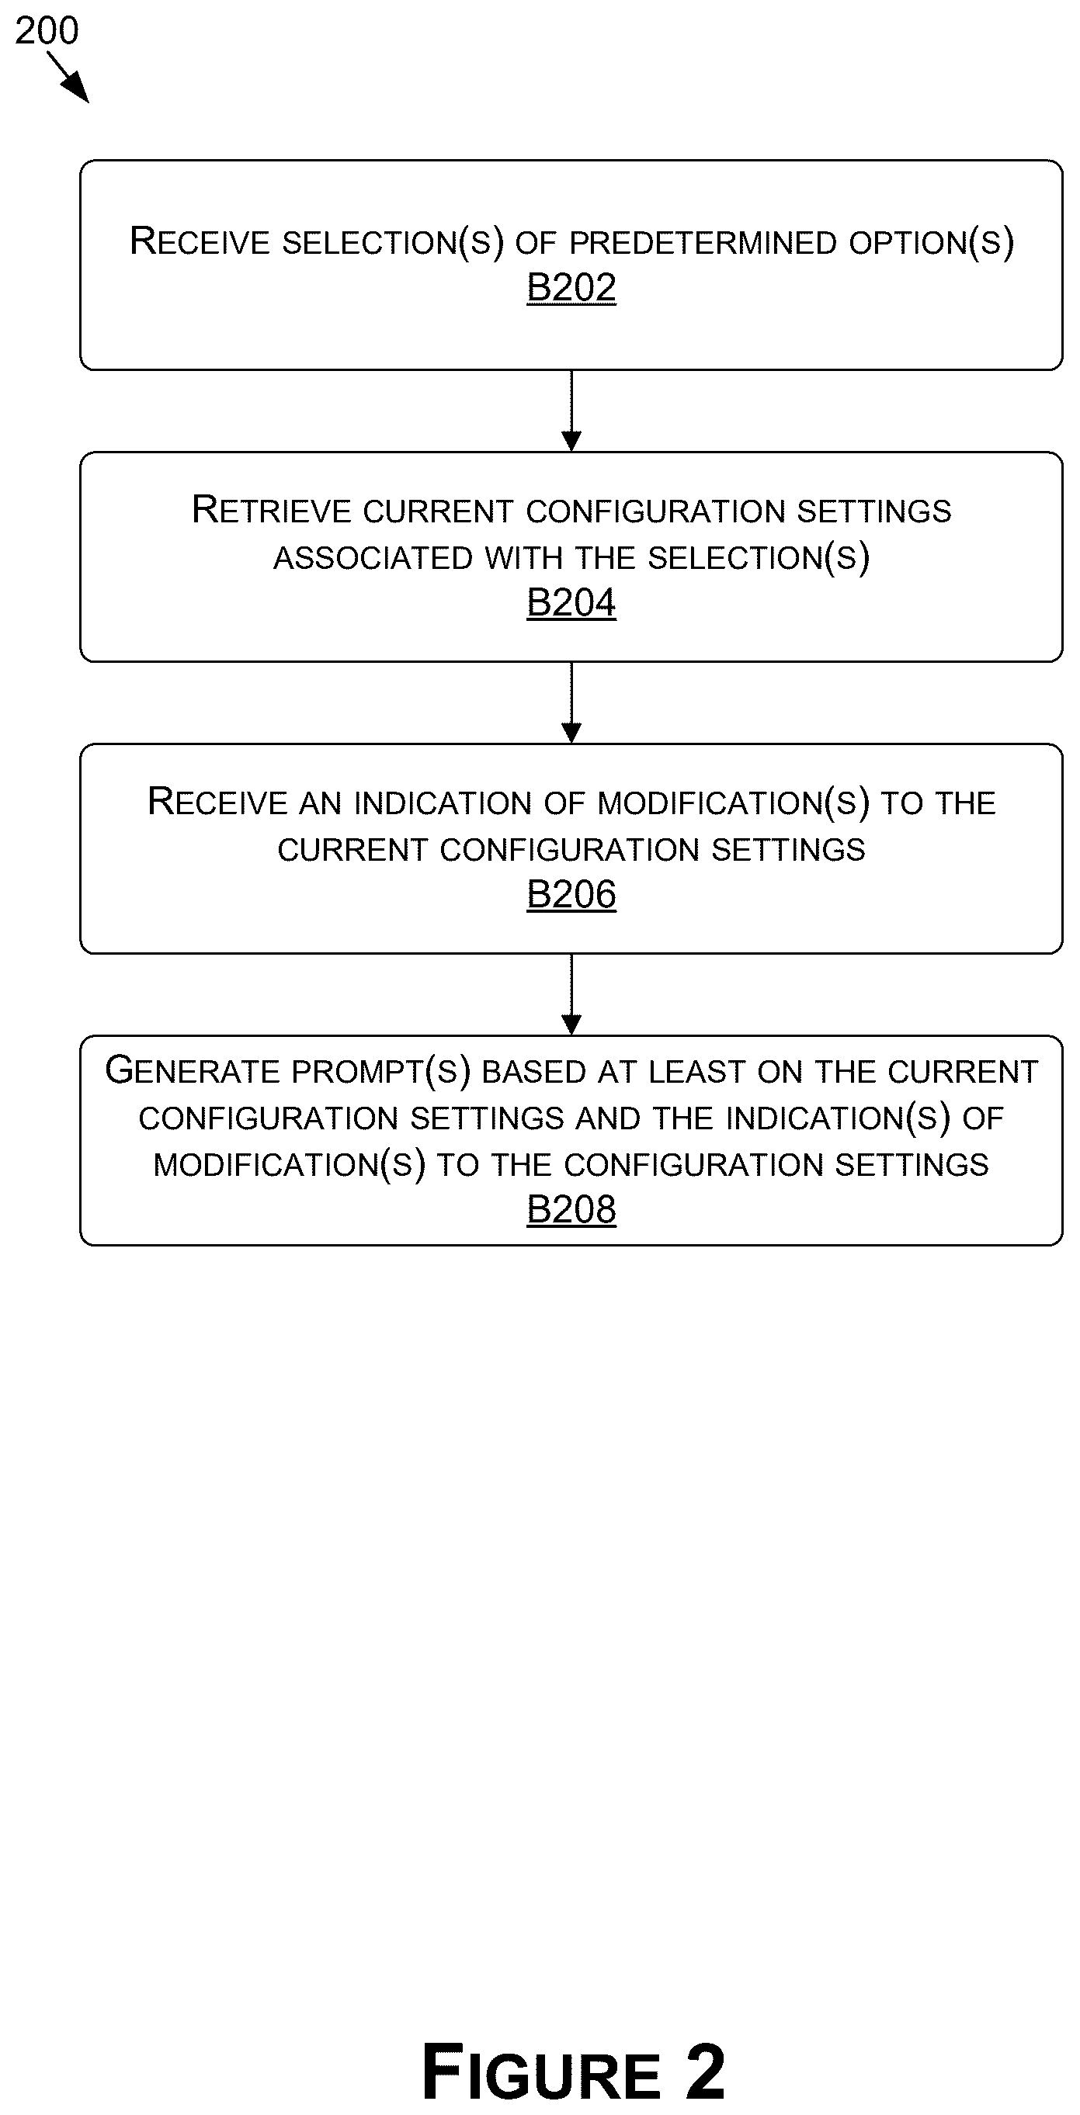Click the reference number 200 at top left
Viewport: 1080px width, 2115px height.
(x=47, y=31)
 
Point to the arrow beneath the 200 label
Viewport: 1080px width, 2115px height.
(x=68, y=77)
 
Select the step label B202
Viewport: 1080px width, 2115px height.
(x=571, y=288)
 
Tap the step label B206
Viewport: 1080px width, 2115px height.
(x=571, y=895)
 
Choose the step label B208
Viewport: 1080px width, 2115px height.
(x=571, y=1210)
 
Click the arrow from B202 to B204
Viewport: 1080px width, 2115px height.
(x=571, y=411)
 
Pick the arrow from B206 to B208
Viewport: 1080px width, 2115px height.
(x=571, y=994)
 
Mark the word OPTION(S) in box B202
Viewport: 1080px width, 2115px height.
(x=932, y=243)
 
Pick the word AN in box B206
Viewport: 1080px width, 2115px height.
(x=321, y=803)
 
